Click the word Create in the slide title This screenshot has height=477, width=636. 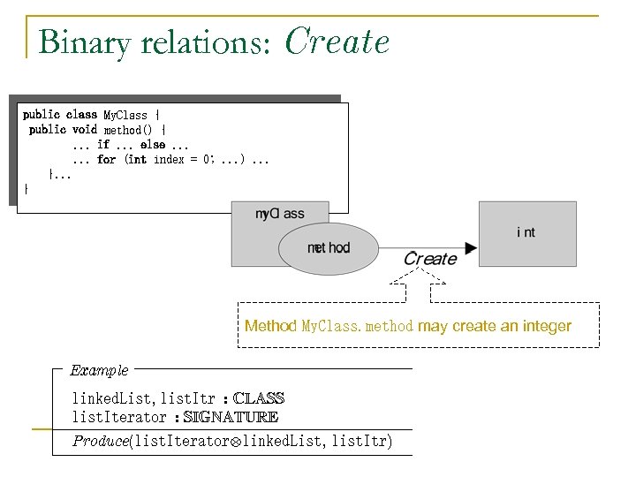point(337,42)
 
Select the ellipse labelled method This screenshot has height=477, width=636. point(329,248)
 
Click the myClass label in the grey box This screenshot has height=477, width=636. point(279,214)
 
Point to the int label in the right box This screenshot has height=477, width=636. point(526,232)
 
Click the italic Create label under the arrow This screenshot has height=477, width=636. point(430,259)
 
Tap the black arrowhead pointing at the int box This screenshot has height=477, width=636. point(470,248)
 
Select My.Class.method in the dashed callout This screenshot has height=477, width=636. point(358,327)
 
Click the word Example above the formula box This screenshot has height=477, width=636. point(99,370)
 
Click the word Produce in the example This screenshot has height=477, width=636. point(100,440)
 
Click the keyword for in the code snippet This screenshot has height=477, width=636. point(107,160)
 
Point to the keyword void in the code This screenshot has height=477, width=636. point(85,130)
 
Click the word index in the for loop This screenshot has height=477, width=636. point(169,160)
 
